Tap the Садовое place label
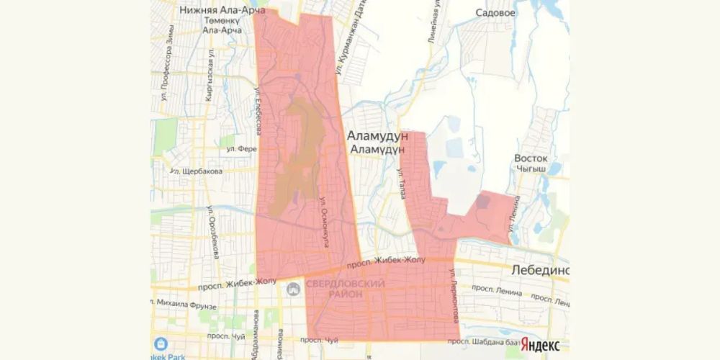tap(496, 13)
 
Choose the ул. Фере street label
tap(242, 150)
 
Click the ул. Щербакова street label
tap(195, 171)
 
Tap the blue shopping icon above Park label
tap(161, 343)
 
